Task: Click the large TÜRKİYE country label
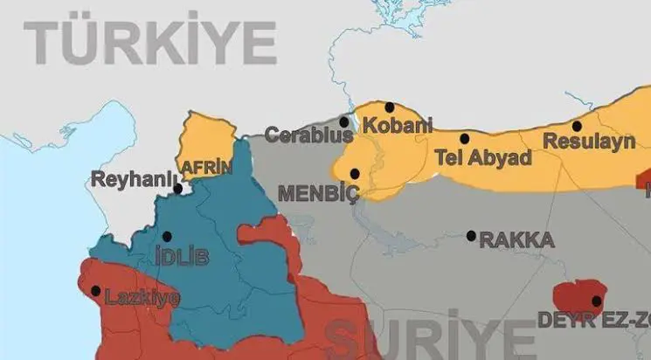149,43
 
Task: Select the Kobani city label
398,125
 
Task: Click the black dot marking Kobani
390,107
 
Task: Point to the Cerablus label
308,135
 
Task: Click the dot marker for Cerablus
344,122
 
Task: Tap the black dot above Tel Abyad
465,138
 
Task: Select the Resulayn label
588,142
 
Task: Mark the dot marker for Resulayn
577,126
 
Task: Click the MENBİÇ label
317,193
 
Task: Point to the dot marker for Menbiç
354,173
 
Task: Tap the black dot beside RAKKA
471,235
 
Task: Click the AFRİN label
206,167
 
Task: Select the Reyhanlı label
130,180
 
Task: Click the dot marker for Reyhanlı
177,188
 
